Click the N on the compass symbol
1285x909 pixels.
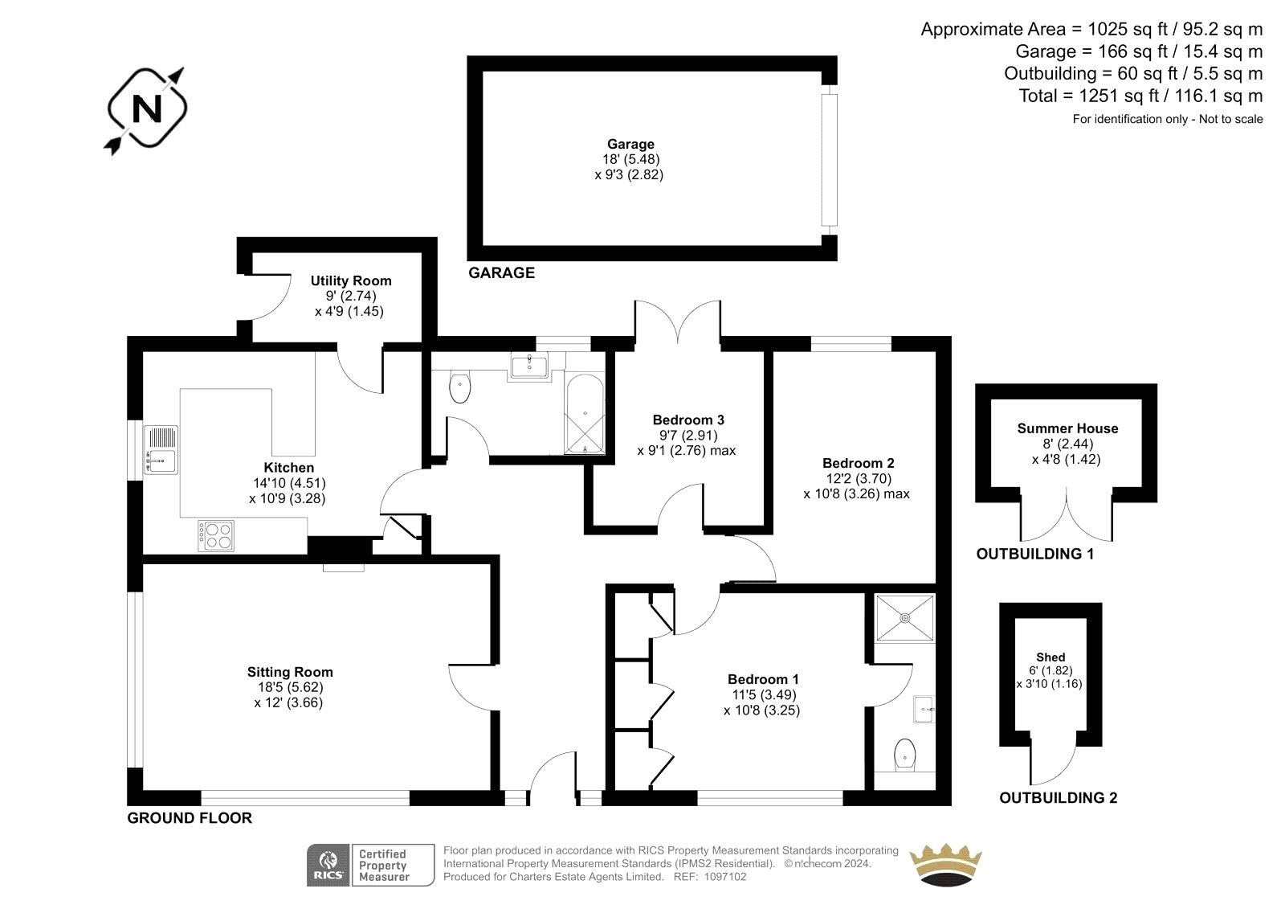click(x=147, y=109)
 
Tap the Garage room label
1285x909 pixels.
click(x=630, y=144)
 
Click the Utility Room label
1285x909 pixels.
click(x=351, y=280)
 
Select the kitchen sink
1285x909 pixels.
click(x=161, y=449)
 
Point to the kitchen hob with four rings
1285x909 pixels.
click(x=216, y=536)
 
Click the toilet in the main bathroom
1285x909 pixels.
click(x=460, y=387)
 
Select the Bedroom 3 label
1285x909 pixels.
click(x=688, y=420)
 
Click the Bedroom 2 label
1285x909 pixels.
click(x=859, y=463)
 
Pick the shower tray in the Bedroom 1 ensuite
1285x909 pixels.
click(x=904, y=618)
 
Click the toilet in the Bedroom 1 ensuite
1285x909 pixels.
click(x=905, y=755)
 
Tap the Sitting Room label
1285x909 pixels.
click(x=290, y=672)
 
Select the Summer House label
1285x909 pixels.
click(x=1067, y=428)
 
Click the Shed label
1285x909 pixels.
click(x=1050, y=657)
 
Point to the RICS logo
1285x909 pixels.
click(x=328, y=865)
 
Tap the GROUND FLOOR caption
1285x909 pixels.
click(x=190, y=818)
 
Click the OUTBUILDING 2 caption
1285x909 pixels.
click(x=1059, y=797)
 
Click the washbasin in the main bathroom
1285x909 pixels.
click(x=529, y=365)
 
